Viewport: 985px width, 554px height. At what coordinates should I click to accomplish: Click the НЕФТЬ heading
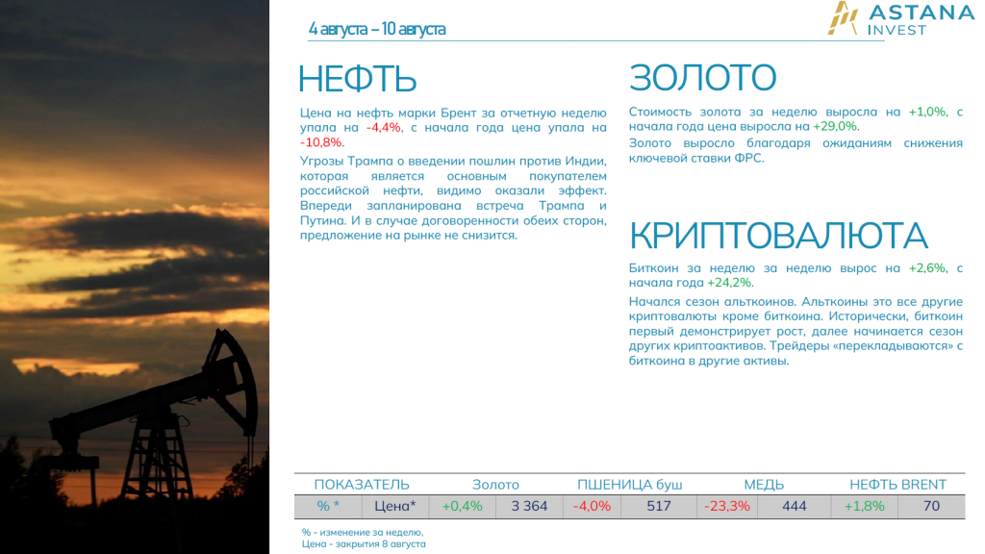tap(357, 79)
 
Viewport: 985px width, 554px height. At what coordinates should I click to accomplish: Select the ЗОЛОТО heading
tap(702, 77)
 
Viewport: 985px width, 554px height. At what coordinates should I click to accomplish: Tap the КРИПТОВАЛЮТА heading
tap(778, 237)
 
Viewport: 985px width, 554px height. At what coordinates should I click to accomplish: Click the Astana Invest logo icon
tap(843, 17)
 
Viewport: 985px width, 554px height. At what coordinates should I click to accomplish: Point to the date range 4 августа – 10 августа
tap(377, 29)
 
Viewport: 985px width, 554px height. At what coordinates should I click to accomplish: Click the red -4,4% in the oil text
tap(383, 128)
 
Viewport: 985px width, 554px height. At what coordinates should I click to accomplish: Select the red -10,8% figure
tap(320, 142)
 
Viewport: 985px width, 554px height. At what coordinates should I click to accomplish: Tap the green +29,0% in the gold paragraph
tap(835, 126)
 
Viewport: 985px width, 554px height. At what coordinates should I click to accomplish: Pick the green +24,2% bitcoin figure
tap(729, 283)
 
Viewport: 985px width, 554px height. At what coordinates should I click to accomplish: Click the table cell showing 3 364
tap(529, 506)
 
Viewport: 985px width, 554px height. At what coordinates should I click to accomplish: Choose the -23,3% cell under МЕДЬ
tap(727, 506)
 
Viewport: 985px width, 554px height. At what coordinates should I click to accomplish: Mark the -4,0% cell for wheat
tap(592, 506)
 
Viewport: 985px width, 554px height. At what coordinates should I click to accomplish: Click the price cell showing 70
tap(931, 506)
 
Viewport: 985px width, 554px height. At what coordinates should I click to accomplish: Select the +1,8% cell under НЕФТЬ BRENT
tap(865, 506)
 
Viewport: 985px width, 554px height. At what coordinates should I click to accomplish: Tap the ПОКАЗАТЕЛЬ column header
tap(362, 485)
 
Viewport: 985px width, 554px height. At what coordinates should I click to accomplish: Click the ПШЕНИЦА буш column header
tap(629, 485)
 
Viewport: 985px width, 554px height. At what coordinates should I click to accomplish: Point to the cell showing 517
tap(659, 506)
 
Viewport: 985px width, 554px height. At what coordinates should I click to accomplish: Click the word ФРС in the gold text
tap(748, 159)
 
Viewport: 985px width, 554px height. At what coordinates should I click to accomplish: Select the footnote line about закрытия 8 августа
tap(364, 544)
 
